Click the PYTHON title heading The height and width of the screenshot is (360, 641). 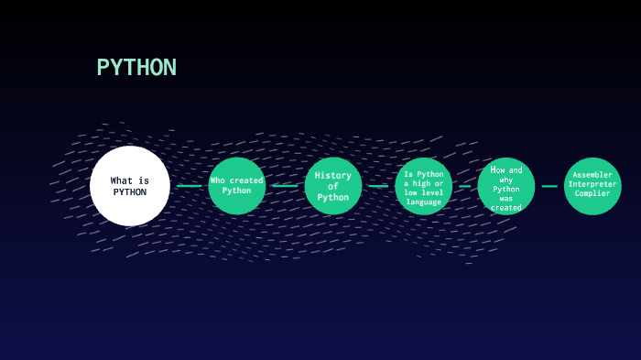click(x=136, y=67)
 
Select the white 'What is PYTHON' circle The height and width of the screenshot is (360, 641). click(x=130, y=186)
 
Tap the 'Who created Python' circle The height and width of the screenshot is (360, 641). click(x=236, y=186)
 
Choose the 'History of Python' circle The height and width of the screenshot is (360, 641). click(x=333, y=186)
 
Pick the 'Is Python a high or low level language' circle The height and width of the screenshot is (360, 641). click(x=423, y=186)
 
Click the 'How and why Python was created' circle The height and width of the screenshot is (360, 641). click(x=506, y=186)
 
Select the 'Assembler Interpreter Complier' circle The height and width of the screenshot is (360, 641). click(x=592, y=186)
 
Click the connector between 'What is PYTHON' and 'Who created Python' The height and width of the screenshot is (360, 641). click(x=190, y=186)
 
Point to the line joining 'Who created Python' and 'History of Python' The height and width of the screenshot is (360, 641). click(x=285, y=186)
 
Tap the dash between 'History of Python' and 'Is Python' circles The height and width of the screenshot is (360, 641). click(x=378, y=186)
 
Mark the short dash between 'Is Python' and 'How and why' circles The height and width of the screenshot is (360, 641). click(x=465, y=186)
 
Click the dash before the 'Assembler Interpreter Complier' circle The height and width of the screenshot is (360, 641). click(x=549, y=186)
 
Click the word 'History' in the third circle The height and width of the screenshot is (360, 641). click(x=333, y=176)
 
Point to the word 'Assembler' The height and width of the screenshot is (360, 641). click(x=592, y=175)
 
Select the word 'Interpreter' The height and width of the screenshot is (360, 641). click(x=592, y=184)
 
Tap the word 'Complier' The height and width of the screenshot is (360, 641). click(x=592, y=193)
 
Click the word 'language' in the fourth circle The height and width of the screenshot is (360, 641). click(x=423, y=202)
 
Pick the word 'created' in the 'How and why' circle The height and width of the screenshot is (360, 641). click(x=506, y=208)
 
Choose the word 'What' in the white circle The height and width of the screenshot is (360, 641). click(x=122, y=180)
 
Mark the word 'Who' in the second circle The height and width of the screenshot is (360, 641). click(x=218, y=180)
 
